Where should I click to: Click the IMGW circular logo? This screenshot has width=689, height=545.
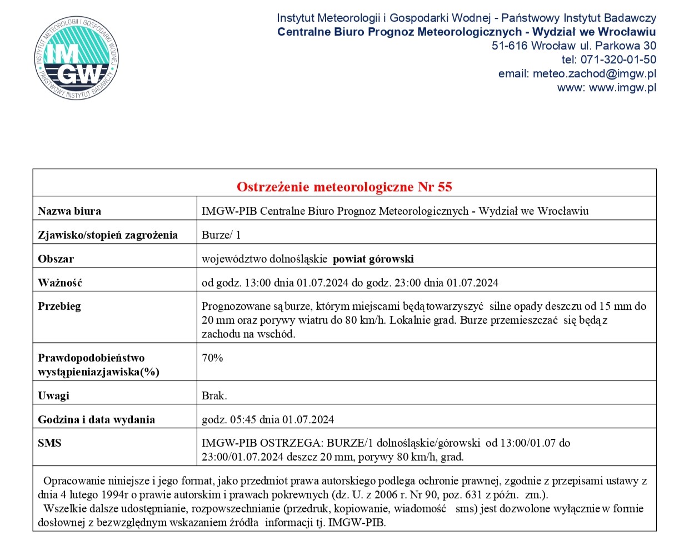coord(77,58)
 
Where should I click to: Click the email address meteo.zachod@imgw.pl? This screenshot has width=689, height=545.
coord(594,73)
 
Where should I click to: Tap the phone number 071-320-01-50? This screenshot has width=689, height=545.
coord(618,60)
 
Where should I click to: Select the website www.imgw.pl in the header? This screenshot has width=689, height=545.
coord(622,87)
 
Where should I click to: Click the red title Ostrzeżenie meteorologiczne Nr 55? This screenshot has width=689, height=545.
coord(344,187)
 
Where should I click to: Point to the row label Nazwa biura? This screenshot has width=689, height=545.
coord(69,211)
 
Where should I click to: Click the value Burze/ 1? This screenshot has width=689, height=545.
coord(221,235)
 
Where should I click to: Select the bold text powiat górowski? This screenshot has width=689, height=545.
coord(373,259)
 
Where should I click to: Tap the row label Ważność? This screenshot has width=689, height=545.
coord(60,283)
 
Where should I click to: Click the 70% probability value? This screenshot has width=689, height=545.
coord(212,358)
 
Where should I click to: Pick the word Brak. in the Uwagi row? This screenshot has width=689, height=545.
coord(214,395)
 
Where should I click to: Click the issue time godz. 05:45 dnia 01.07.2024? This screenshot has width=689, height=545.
coord(267,419)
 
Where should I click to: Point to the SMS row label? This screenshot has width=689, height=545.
coord(49,443)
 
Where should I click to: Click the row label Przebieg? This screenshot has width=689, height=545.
coord(59,306)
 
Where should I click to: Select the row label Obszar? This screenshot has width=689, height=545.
coord(56,259)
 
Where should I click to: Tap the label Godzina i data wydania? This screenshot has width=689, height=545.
coord(96,419)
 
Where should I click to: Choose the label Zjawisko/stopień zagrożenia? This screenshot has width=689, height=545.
coord(108,235)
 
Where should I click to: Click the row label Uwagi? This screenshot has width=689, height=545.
coord(53,395)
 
